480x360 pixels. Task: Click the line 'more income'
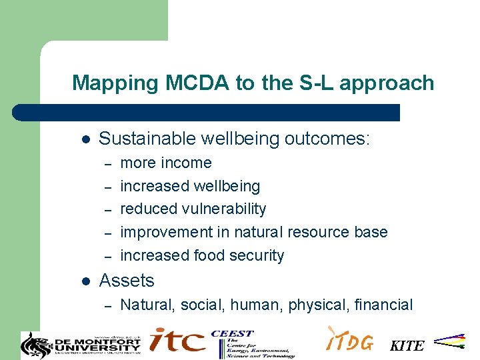pyautogui.click(x=165, y=163)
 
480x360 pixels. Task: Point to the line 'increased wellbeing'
pyautogui.click(x=190, y=186)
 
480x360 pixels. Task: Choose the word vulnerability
pyautogui.click(x=224, y=209)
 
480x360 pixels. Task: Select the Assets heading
pyautogui.click(x=127, y=281)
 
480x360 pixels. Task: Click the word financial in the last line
pyautogui.click(x=384, y=305)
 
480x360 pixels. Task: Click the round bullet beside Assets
pyautogui.click(x=85, y=281)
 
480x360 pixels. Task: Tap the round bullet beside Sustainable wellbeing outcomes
pyautogui.click(x=85, y=139)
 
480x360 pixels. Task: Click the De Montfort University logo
pyautogui.click(x=81, y=343)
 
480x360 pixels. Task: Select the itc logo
pyautogui.click(x=177, y=340)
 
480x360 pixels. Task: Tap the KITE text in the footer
pyautogui.click(x=407, y=346)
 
